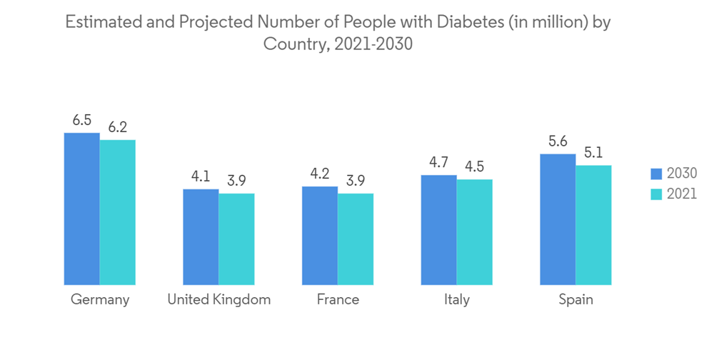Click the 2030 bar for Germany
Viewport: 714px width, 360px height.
pyautogui.click(x=82, y=209)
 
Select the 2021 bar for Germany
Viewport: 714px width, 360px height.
pyautogui.click(x=118, y=212)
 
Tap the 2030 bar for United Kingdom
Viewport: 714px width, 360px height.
pyautogui.click(x=201, y=236)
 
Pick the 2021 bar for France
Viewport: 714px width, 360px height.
pyautogui.click(x=356, y=239)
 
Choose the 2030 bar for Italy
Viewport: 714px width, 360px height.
pyautogui.click(x=439, y=229)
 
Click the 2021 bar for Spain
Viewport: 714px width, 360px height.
pyautogui.click(x=593, y=225)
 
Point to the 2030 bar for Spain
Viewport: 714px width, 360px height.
pyautogui.click(x=558, y=219)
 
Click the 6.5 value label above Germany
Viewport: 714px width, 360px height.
pyautogui.click(x=82, y=121)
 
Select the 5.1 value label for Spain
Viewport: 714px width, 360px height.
pyautogui.click(x=593, y=153)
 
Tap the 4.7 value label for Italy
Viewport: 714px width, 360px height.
pyautogui.click(x=439, y=163)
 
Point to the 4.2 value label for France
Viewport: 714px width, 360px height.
pyautogui.click(x=320, y=174)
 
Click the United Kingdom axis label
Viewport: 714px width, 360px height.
pyautogui.click(x=218, y=300)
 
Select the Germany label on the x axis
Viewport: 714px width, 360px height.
pyautogui.click(x=100, y=300)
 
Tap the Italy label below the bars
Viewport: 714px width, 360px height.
pyautogui.click(x=456, y=300)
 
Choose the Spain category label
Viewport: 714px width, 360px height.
pyautogui.click(x=575, y=300)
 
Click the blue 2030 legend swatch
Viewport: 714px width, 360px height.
pyautogui.click(x=656, y=174)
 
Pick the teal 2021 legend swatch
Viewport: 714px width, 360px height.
pyautogui.click(x=656, y=194)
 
